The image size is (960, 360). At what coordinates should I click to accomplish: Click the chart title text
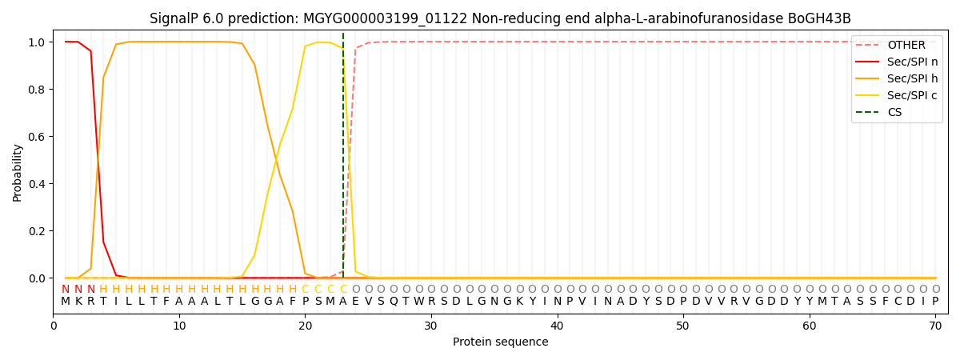500,18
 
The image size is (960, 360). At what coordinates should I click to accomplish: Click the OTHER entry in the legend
906,46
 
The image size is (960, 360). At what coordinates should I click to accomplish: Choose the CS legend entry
894,113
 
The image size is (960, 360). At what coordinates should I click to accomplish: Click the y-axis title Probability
18,172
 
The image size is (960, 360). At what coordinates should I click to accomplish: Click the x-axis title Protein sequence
500,342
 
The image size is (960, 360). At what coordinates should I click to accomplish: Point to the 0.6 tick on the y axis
39,137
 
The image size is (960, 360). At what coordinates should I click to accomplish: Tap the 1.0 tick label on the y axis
39,42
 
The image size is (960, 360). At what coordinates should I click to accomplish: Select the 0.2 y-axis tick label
39,231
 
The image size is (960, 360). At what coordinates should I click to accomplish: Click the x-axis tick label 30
431,326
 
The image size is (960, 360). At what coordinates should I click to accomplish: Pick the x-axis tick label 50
682,326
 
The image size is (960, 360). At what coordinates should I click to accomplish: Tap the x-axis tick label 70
934,326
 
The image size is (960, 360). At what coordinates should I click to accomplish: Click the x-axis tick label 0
54,326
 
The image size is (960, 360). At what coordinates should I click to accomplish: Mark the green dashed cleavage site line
343,160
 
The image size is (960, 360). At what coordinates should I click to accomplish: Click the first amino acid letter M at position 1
66,302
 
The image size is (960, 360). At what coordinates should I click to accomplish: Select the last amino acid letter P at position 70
934,302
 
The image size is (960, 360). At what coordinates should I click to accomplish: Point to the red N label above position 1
66,290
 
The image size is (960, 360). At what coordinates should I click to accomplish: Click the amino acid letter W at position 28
406,302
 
